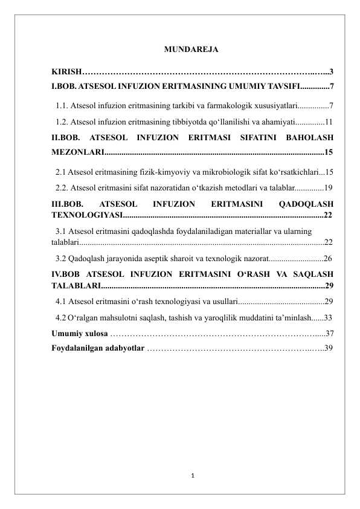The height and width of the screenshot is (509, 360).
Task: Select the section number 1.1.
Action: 61,106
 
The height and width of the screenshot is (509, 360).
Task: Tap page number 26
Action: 329,259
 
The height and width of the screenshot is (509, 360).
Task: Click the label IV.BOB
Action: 66,273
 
